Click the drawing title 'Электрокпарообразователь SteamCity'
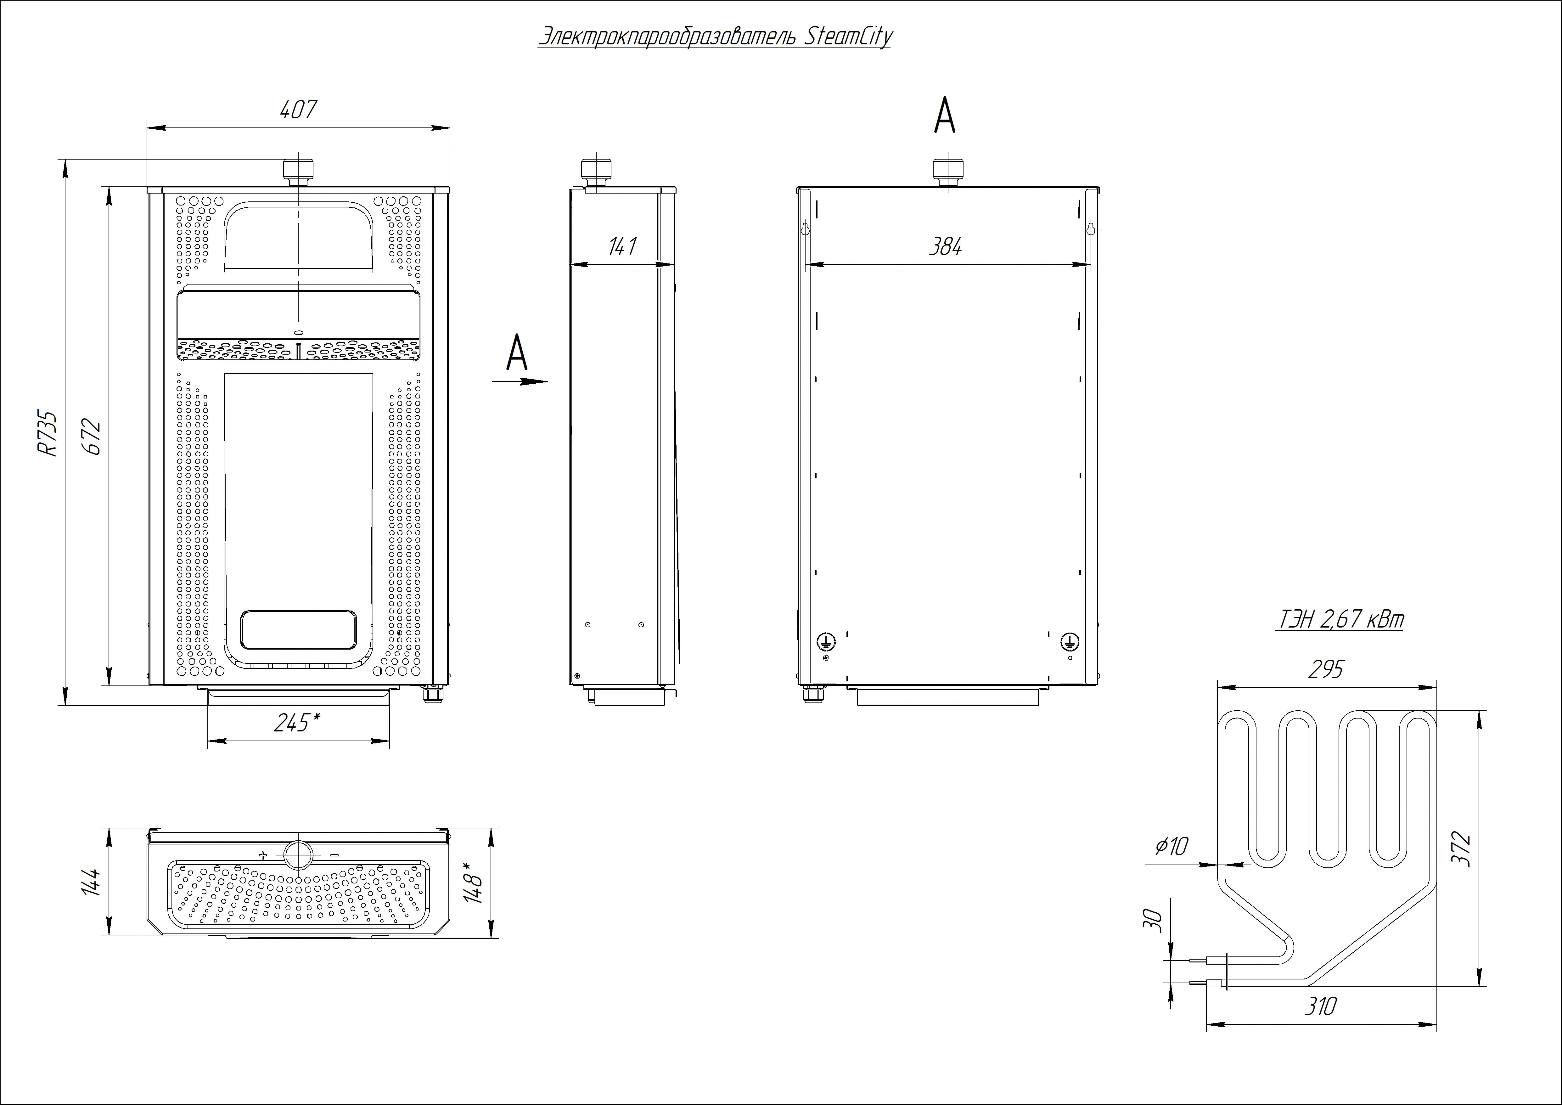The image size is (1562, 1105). point(714,37)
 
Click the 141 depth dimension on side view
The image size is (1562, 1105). point(622,246)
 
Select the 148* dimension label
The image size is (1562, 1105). point(473,882)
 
